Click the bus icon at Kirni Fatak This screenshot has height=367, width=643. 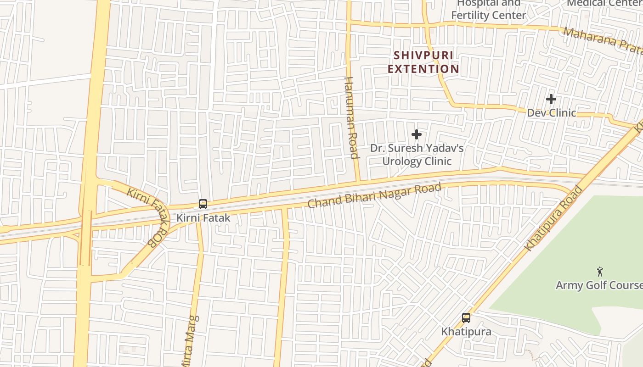[x=203, y=204]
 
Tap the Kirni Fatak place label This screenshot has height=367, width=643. [x=203, y=218]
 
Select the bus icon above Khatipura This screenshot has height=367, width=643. [x=466, y=317]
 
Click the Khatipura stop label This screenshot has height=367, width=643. [x=466, y=331]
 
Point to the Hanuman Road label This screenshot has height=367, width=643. [x=351, y=118]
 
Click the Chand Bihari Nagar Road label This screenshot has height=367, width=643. [x=374, y=195]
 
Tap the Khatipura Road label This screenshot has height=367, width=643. [x=553, y=218]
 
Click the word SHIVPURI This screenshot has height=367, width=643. [x=423, y=56]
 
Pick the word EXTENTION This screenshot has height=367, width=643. [x=423, y=69]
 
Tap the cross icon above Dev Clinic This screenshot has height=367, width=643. [x=551, y=99]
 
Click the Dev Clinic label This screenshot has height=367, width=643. [x=551, y=113]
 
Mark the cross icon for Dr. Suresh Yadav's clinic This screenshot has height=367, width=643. [x=417, y=134]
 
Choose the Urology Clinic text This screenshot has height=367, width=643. [x=417, y=161]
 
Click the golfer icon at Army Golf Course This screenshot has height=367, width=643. [x=599, y=271]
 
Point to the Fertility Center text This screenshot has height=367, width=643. [x=488, y=15]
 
